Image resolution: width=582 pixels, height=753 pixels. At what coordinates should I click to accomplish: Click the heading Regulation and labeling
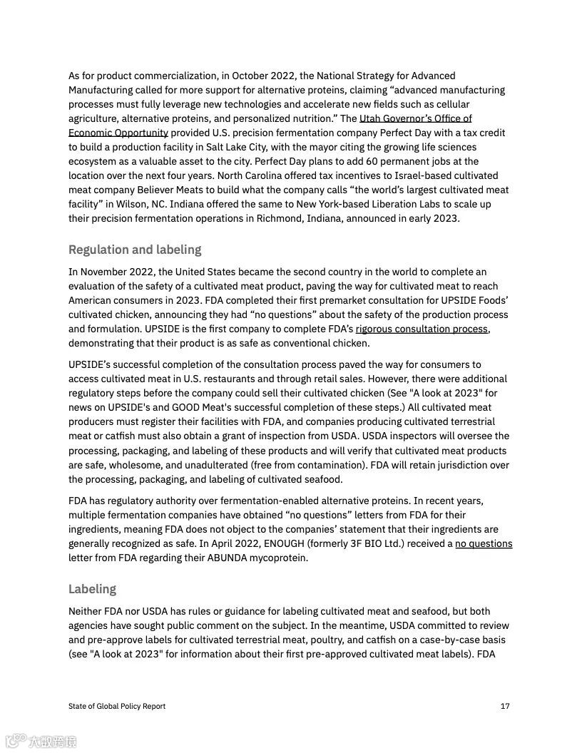[135, 250]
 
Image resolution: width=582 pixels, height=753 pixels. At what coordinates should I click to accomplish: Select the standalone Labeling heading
[92, 589]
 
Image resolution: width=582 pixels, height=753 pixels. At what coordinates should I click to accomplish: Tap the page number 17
[505, 706]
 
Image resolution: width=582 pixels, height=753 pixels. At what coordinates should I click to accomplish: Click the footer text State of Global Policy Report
[117, 706]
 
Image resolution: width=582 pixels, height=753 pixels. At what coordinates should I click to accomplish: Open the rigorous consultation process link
[422, 329]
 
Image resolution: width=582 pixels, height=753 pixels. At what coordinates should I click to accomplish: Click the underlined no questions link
[484, 543]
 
